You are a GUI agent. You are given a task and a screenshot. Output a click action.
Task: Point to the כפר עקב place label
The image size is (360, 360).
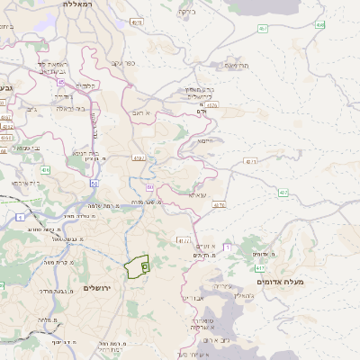coord(122,64)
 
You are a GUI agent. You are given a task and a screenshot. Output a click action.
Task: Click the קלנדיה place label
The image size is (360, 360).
coord(85,85)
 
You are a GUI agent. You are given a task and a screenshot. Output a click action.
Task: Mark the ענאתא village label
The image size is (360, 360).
coord(198,193)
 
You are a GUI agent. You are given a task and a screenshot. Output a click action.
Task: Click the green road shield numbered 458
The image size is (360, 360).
coord(319,25)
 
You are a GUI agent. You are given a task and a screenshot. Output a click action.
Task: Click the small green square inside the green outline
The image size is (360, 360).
coord(144,267)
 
